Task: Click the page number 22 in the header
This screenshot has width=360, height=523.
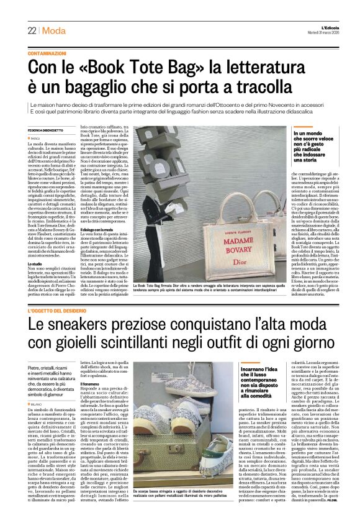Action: tap(32, 31)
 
